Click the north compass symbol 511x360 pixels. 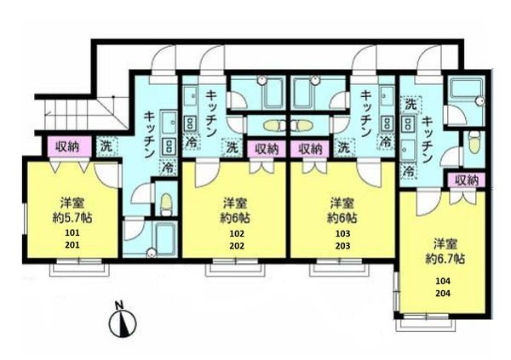[123, 321]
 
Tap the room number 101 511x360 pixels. [72, 233]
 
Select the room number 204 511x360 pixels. [443, 294]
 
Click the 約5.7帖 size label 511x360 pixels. [72, 218]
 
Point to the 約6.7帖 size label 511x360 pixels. [445, 259]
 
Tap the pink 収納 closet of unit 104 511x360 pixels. [467, 180]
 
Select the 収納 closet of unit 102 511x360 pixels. [267, 149]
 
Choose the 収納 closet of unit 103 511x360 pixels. [310, 149]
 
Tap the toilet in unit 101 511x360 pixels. [166, 204]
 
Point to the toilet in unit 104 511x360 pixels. [474, 142]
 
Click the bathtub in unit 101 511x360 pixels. [165, 237]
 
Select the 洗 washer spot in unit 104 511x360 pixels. [411, 105]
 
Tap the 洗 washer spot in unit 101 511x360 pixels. [106, 146]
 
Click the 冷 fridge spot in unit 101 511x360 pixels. [168, 167]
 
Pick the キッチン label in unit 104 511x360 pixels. [427, 140]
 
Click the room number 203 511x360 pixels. [343, 245]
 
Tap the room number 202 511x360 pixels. [237, 245]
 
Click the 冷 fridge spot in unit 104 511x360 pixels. [408, 171]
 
